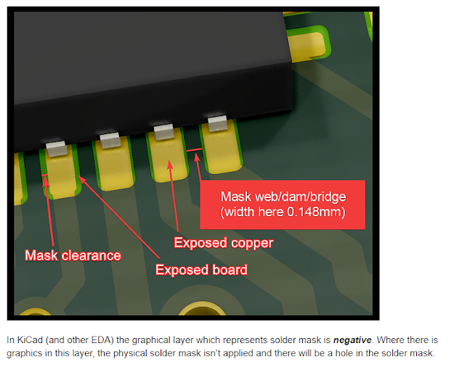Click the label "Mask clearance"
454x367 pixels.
coord(73,255)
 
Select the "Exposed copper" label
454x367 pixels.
coord(224,242)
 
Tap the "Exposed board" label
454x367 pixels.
coord(201,270)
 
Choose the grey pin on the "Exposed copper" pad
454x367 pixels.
coord(163,132)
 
